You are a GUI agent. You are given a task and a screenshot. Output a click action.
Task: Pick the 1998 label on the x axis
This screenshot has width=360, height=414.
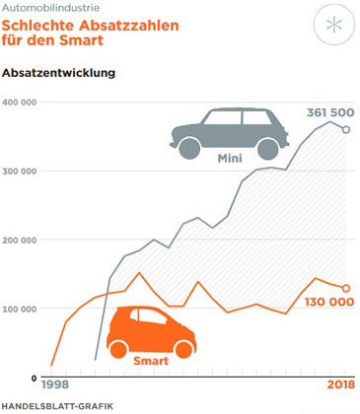54,385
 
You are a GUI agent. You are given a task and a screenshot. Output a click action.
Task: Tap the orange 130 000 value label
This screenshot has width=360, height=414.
329,301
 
